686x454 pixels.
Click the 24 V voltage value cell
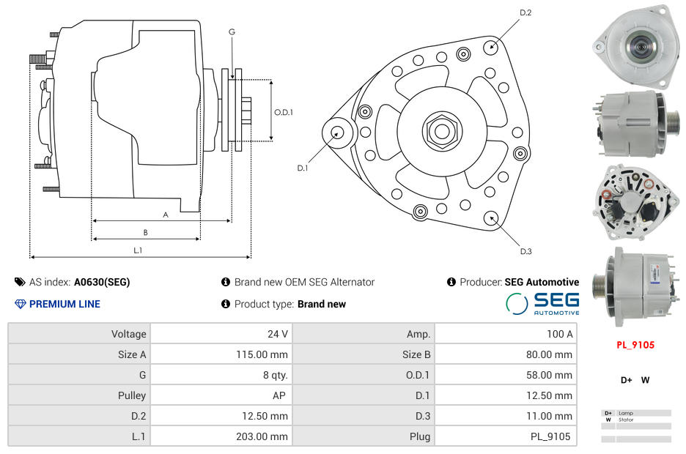coord(277,334)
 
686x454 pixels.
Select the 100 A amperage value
coord(560,334)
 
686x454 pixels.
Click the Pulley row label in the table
coord(132,395)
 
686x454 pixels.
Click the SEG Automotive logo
coord(543,303)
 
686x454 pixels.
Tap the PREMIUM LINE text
coord(64,304)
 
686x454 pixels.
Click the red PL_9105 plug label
coord(635,345)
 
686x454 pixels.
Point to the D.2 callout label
coord(525,13)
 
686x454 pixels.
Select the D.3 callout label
coord(525,252)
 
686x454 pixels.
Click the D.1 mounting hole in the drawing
coord(338,133)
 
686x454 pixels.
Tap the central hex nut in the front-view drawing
coord(441,131)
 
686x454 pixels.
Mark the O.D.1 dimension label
coord(284,112)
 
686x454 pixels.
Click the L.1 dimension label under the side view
coord(138,250)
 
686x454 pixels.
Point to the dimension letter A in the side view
coord(166,215)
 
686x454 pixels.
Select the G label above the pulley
coord(232,31)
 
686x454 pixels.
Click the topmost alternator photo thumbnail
coord(635,45)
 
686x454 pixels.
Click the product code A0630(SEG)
coord(102,282)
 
